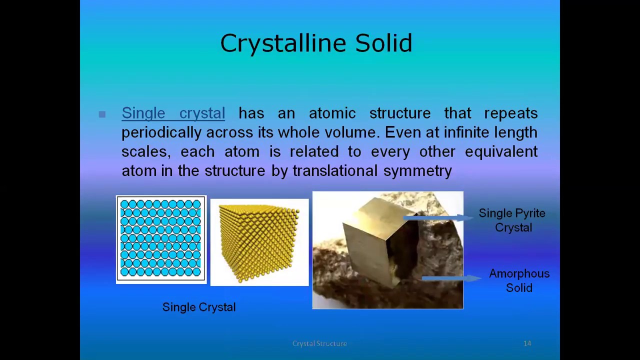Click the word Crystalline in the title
pyautogui.click(x=283, y=43)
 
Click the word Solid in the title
pyautogui.click(x=383, y=43)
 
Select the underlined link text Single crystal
pyautogui.click(x=173, y=113)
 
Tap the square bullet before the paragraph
pyautogui.click(x=102, y=114)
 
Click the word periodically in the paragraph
pyautogui.click(x=161, y=132)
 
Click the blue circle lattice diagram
pyautogui.click(x=161, y=239)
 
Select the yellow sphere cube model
pyautogui.click(x=259, y=242)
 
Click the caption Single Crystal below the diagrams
pyautogui.click(x=199, y=307)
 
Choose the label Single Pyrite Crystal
pyautogui.click(x=512, y=220)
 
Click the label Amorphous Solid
pyautogui.click(x=519, y=280)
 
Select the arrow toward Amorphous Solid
pyautogui.click(x=450, y=278)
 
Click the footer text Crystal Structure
pyautogui.click(x=319, y=343)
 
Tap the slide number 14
pyautogui.click(x=527, y=343)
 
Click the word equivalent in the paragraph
pyautogui.click(x=501, y=151)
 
